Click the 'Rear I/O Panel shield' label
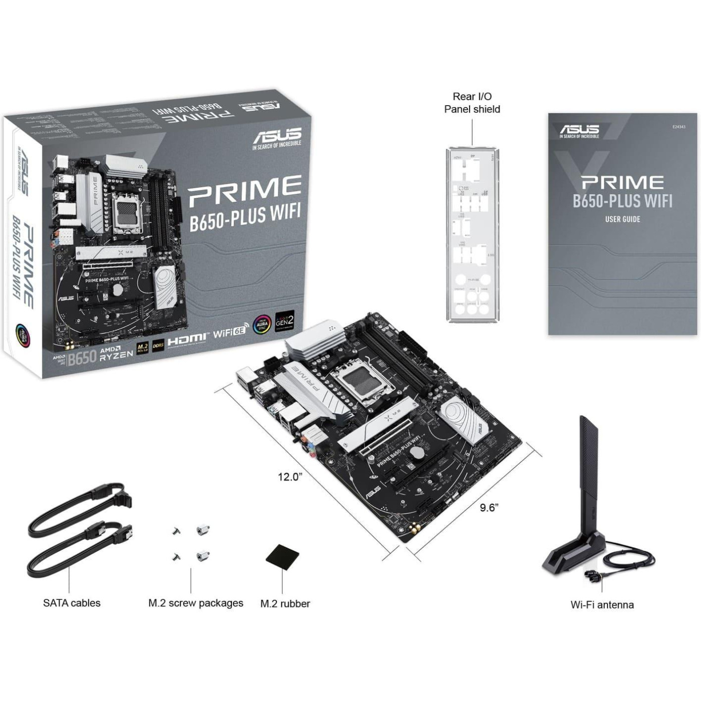(472, 103)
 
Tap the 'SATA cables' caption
(72, 603)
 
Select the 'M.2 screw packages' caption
(195, 603)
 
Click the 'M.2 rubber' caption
(285, 604)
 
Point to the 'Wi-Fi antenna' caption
(602, 605)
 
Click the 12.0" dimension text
(290, 477)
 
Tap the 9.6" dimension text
(489, 508)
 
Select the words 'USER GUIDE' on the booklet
(622, 219)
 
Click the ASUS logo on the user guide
(579, 131)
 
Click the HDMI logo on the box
(187, 339)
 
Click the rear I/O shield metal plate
(472, 234)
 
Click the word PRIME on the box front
(245, 189)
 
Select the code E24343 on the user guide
(678, 127)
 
